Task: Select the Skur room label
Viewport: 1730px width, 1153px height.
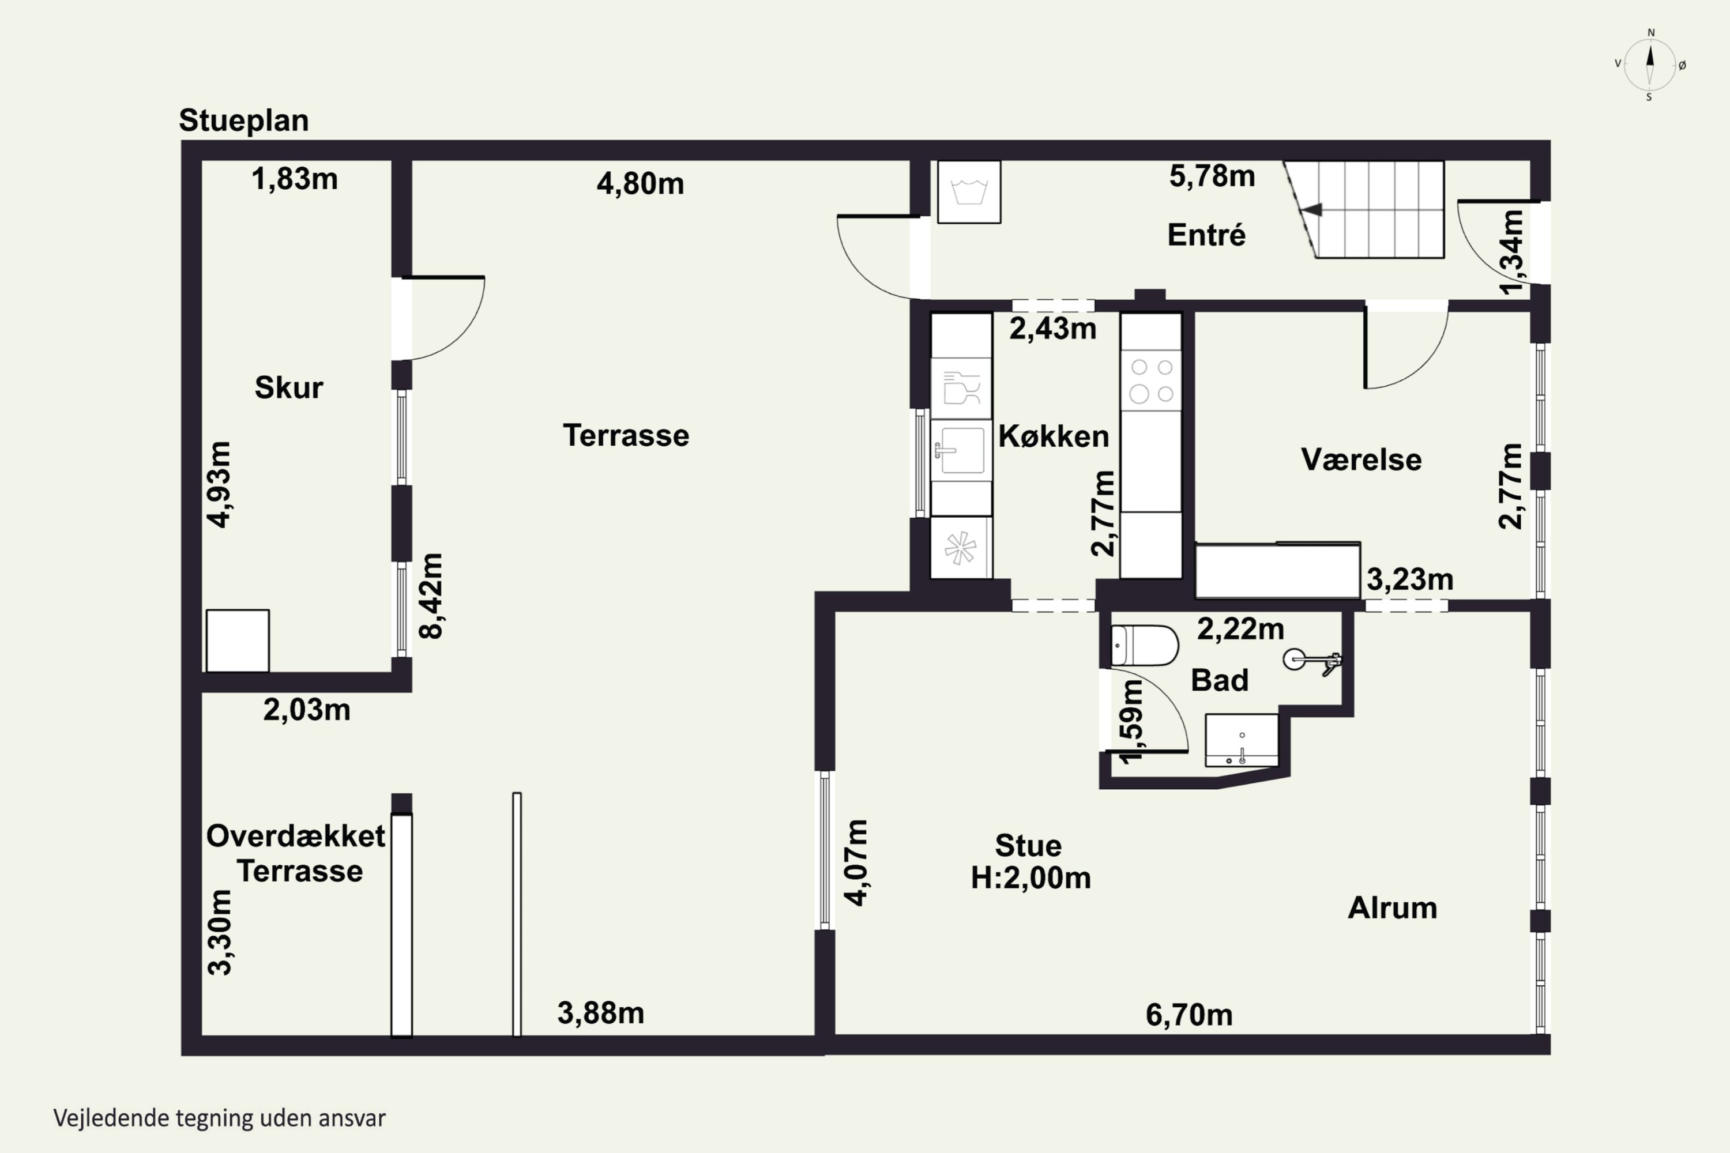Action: [x=288, y=387]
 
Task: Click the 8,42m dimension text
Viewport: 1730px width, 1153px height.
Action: [x=430, y=596]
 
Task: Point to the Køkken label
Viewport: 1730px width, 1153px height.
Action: [x=1054, y=436]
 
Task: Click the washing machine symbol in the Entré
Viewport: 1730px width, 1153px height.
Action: [x=969, y=192]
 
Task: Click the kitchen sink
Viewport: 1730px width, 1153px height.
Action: [x=961, y=450]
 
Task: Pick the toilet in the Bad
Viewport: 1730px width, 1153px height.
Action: [x=1144, y=646]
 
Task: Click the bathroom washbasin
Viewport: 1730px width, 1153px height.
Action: [x=1242, y=740]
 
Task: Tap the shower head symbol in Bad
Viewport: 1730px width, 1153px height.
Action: [x=1312, y=660]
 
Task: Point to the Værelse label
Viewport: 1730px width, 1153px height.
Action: [x=1361, y=459]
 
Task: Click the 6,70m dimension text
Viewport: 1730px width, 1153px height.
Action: [x=1189, y=1015]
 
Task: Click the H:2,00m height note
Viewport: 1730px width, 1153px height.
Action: [x=1031, y=878]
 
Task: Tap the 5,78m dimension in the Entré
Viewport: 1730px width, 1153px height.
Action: [x=1212, y=176]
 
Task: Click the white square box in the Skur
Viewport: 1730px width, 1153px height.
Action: [x=238, y=640]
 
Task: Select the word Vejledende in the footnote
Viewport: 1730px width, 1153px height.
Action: [x=111, y=1118]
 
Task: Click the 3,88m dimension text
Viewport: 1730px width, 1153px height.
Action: [x=600, y=1013]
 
